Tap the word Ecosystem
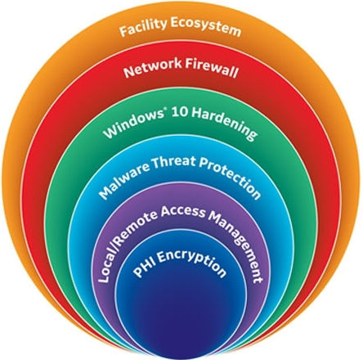click(206, 27)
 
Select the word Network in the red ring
click(153, 68)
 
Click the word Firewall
click(212, 69)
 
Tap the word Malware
click(123, 178)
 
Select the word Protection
click(230, 178)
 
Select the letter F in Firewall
click(189, 65)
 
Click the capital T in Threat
click(155, 164)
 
